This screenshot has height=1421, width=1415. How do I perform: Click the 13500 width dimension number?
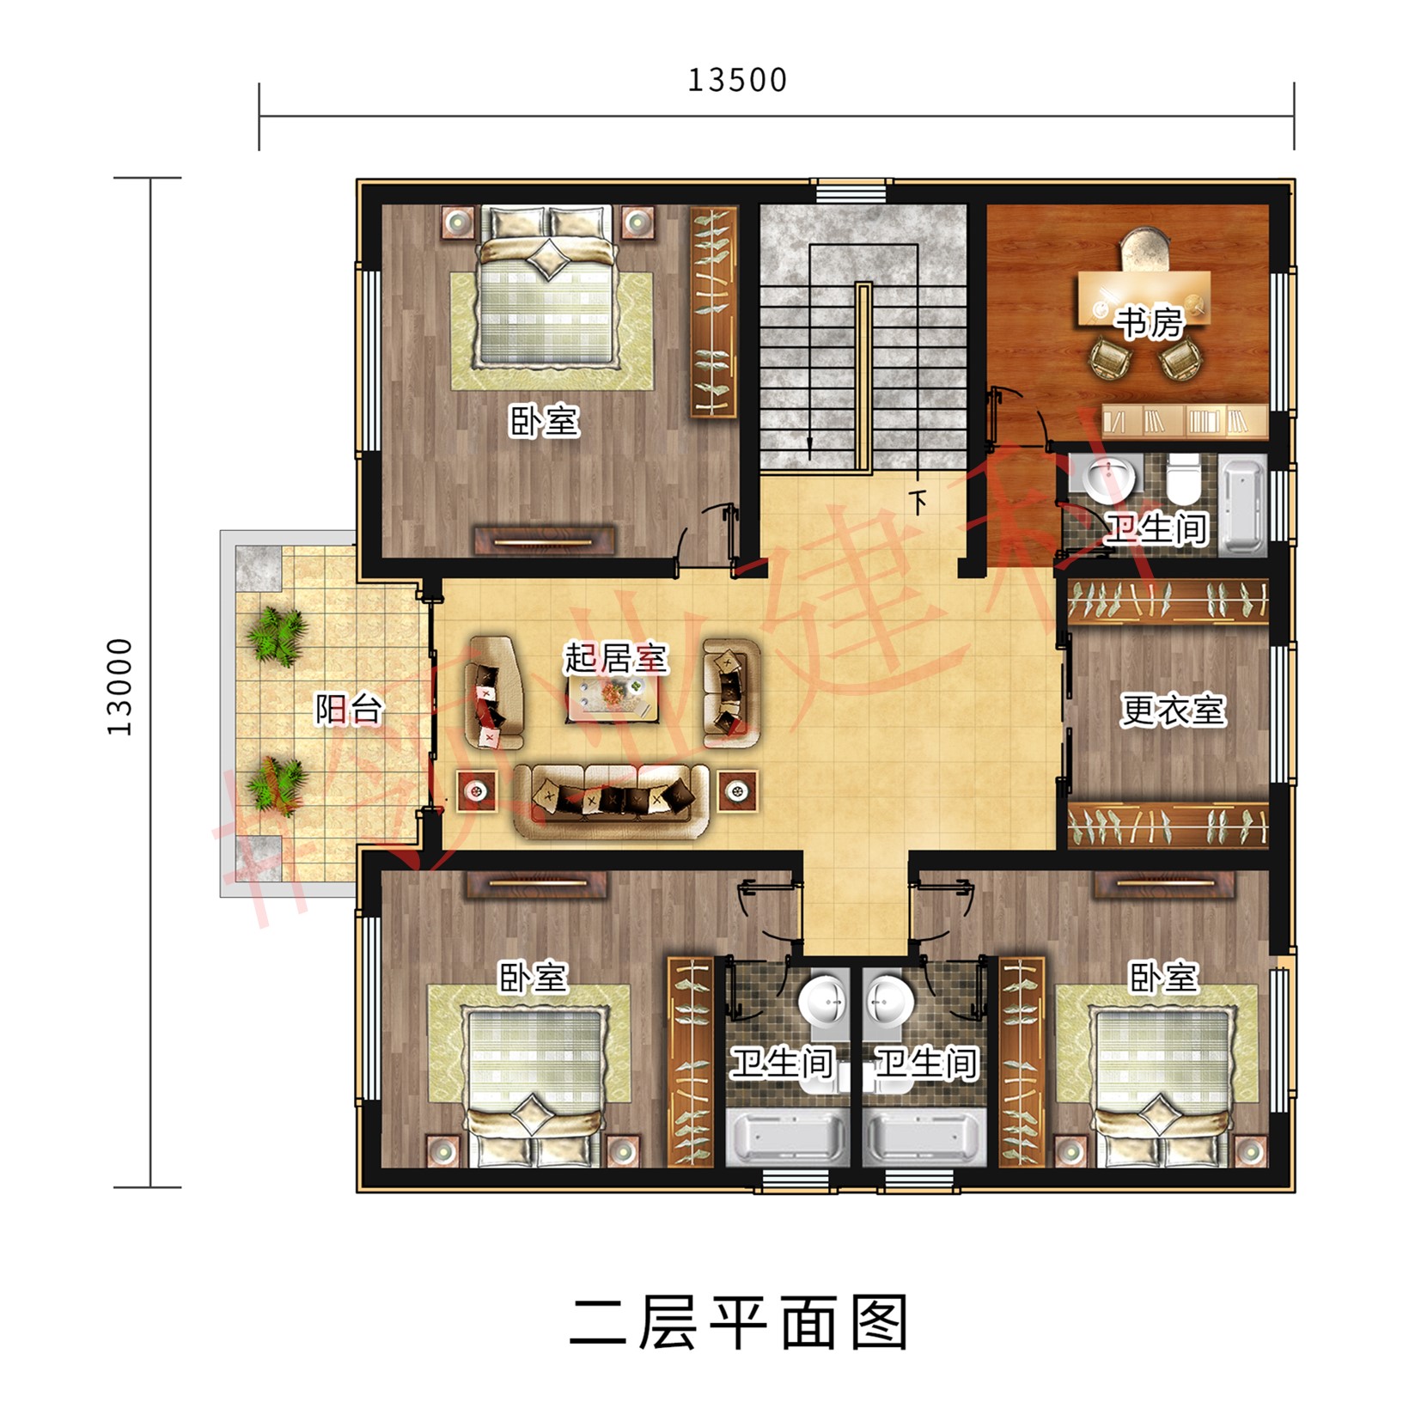point(736,80)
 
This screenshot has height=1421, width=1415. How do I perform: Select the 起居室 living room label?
point(615,659)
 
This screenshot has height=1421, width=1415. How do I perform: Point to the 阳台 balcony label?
point(348,710)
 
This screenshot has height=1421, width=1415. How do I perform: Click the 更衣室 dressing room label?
point(1172,710)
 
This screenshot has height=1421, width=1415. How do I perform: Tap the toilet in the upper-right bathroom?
point(1183,479)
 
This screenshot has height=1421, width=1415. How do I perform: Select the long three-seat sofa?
point(611,801)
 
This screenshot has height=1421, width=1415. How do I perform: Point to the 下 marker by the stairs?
point(918,501)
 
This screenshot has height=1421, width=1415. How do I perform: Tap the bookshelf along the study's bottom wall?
point(1184,421)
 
